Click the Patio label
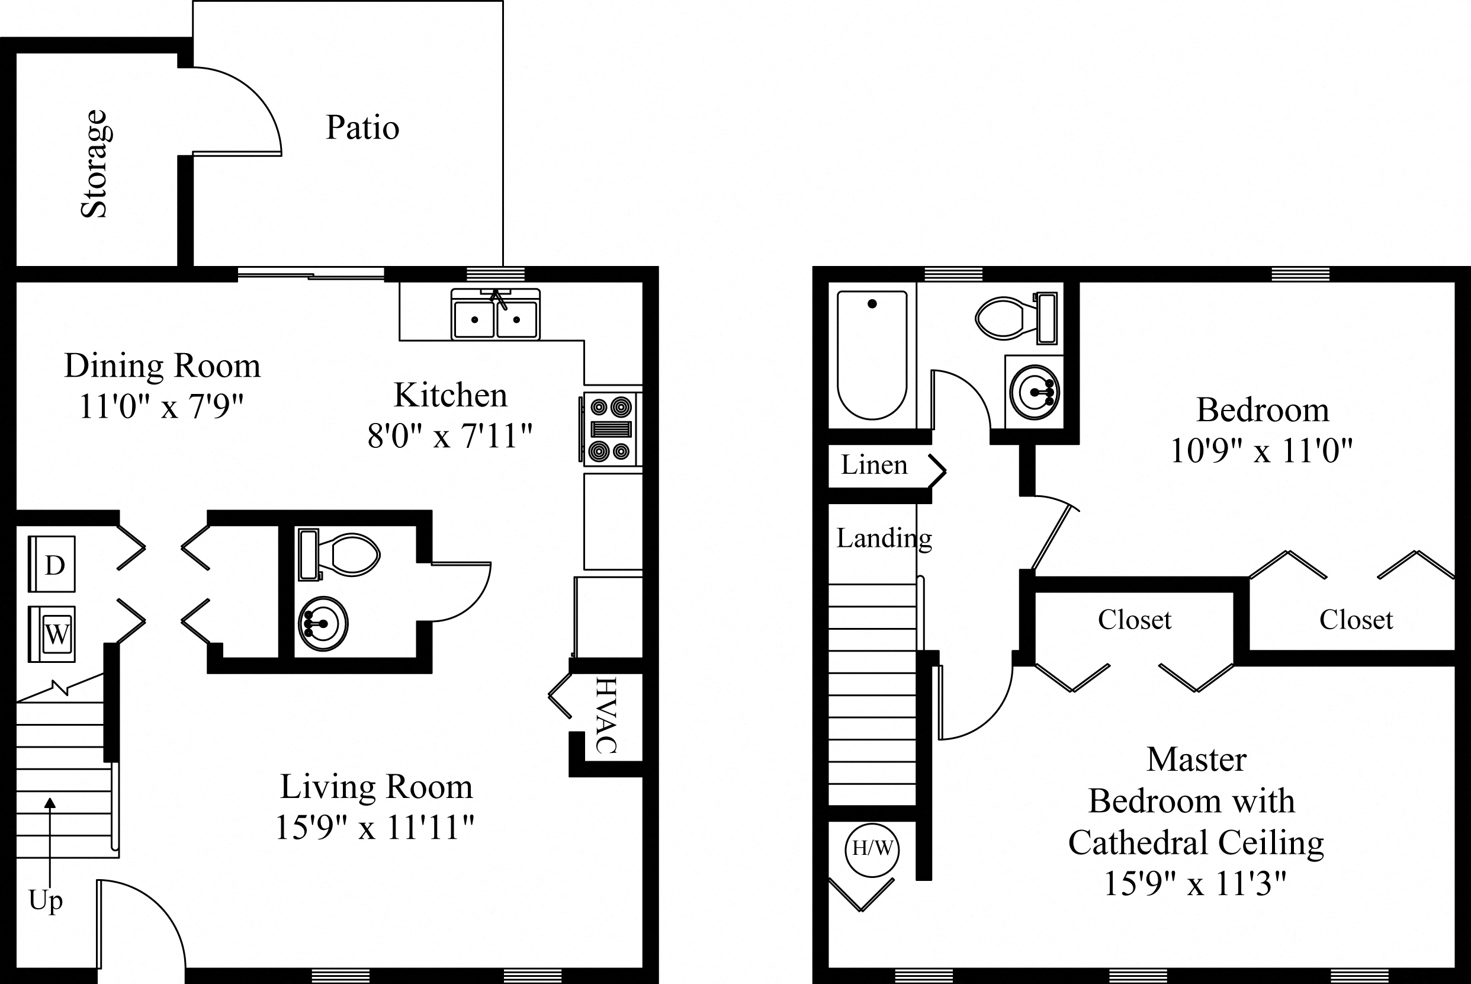coord(362,127)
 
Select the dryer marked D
coord(52,563)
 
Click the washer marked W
coord(52,634)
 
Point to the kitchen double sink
coord(496,316)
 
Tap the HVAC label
coord(606,715)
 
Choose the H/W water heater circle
coord(872,849)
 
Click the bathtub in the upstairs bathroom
coord(872,355)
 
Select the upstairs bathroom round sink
coord(1034,392)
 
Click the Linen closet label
coord(874,465)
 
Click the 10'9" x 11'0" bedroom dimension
coord(1261,451)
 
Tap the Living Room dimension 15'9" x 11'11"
coord(374,827)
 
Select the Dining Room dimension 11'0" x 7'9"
coord(161,406)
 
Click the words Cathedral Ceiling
coord(1196,843)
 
